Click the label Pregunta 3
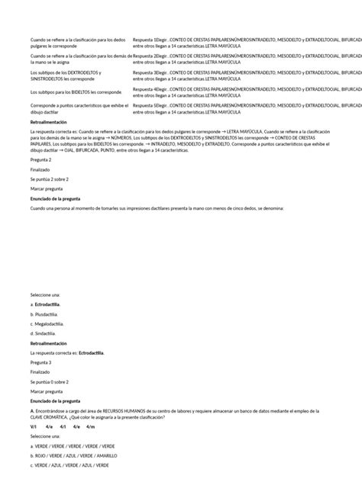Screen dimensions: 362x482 pyautogui.click(x=41, y=362)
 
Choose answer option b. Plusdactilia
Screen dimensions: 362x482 pyautogui.click(x=45, y=313)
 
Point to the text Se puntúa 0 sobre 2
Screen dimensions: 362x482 pyautogui.click(x=50, y=381)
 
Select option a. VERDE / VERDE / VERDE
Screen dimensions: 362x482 pyautogui.click(x=73, y=445)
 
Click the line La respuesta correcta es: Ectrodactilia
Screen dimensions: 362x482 pyautogui.click(x=68, y=353)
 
